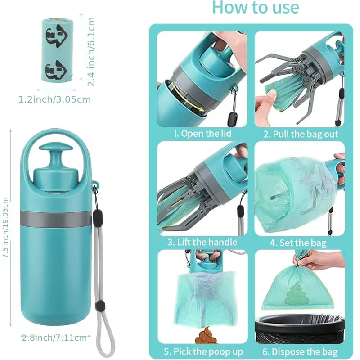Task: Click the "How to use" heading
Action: [x=255, y=8]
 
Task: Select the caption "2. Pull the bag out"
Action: [x=301, y=134]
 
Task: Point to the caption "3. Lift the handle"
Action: [x=202, y=242]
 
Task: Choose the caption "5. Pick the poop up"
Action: [x=203, y=351]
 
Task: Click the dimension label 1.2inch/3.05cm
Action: [x=54, y=99]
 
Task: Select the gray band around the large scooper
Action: [x=56, y=218]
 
